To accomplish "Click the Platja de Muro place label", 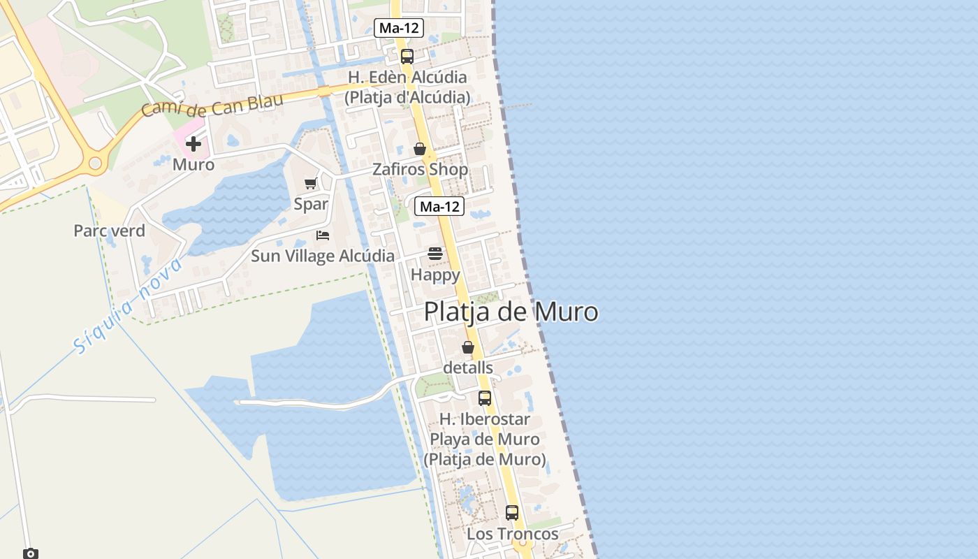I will pyautogui.click(x=511, y=312).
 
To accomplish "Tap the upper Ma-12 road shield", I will pyautogui.click(x=399, y=28).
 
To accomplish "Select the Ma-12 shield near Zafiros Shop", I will pyautogui.click(x=439, y=206).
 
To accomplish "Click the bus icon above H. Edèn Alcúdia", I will pyautogui.click(x=407, y=57).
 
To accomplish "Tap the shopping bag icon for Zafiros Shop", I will pyautogui.click(x=420, y=149).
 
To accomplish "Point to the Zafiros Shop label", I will pyautogui.click(x=420, y=170).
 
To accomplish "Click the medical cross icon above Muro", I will pyautogui.click(x=194, y=145).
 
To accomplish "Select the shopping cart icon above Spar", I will pyautogui.click(x=311, y=184).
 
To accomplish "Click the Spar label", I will pyautogui.click(x=311, y=204).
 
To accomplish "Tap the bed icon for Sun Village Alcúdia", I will pyautogui.click(x=323, y=235).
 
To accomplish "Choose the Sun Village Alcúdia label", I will pyautogui.click(x=323, y=256).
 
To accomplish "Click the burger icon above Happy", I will pyautogui.click(x=435, y=254).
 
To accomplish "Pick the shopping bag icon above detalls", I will pyautogui.click(x=468, y=347).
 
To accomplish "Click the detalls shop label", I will pyautogui.click(x=468, y=368).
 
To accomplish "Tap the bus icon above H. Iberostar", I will pyautogui.click(x=485, y=398).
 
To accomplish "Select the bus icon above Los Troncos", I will pyautogui.click(x=512, y=513).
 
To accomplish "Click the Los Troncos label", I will pyautogui.click(x=513, y=534).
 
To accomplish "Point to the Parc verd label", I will pyautogui.click(x=110, y=231).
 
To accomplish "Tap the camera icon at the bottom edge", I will pyautogui.click(x=31, y=553).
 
